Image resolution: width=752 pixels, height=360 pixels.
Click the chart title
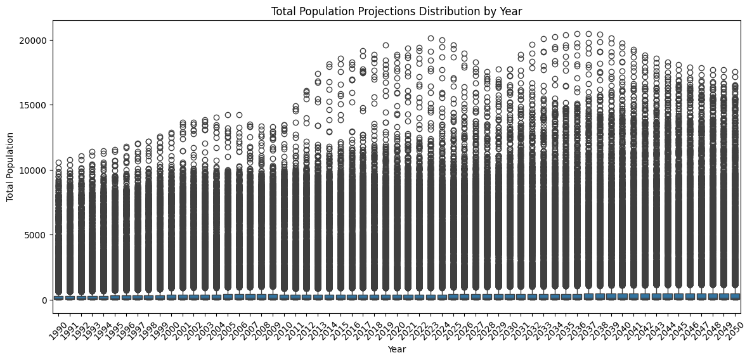point(396,11)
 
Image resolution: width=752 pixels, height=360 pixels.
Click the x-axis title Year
point(396,349)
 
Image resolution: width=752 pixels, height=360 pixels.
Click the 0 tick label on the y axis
point(44,300)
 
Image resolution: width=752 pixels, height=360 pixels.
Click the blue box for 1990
point(59,297)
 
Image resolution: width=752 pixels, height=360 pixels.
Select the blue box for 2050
point(735,296)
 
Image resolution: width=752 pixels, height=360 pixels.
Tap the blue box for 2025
point(453,297)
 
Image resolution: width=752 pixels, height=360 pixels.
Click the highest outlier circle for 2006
point(239,115)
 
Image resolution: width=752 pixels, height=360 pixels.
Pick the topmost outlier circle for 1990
point(59,163)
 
